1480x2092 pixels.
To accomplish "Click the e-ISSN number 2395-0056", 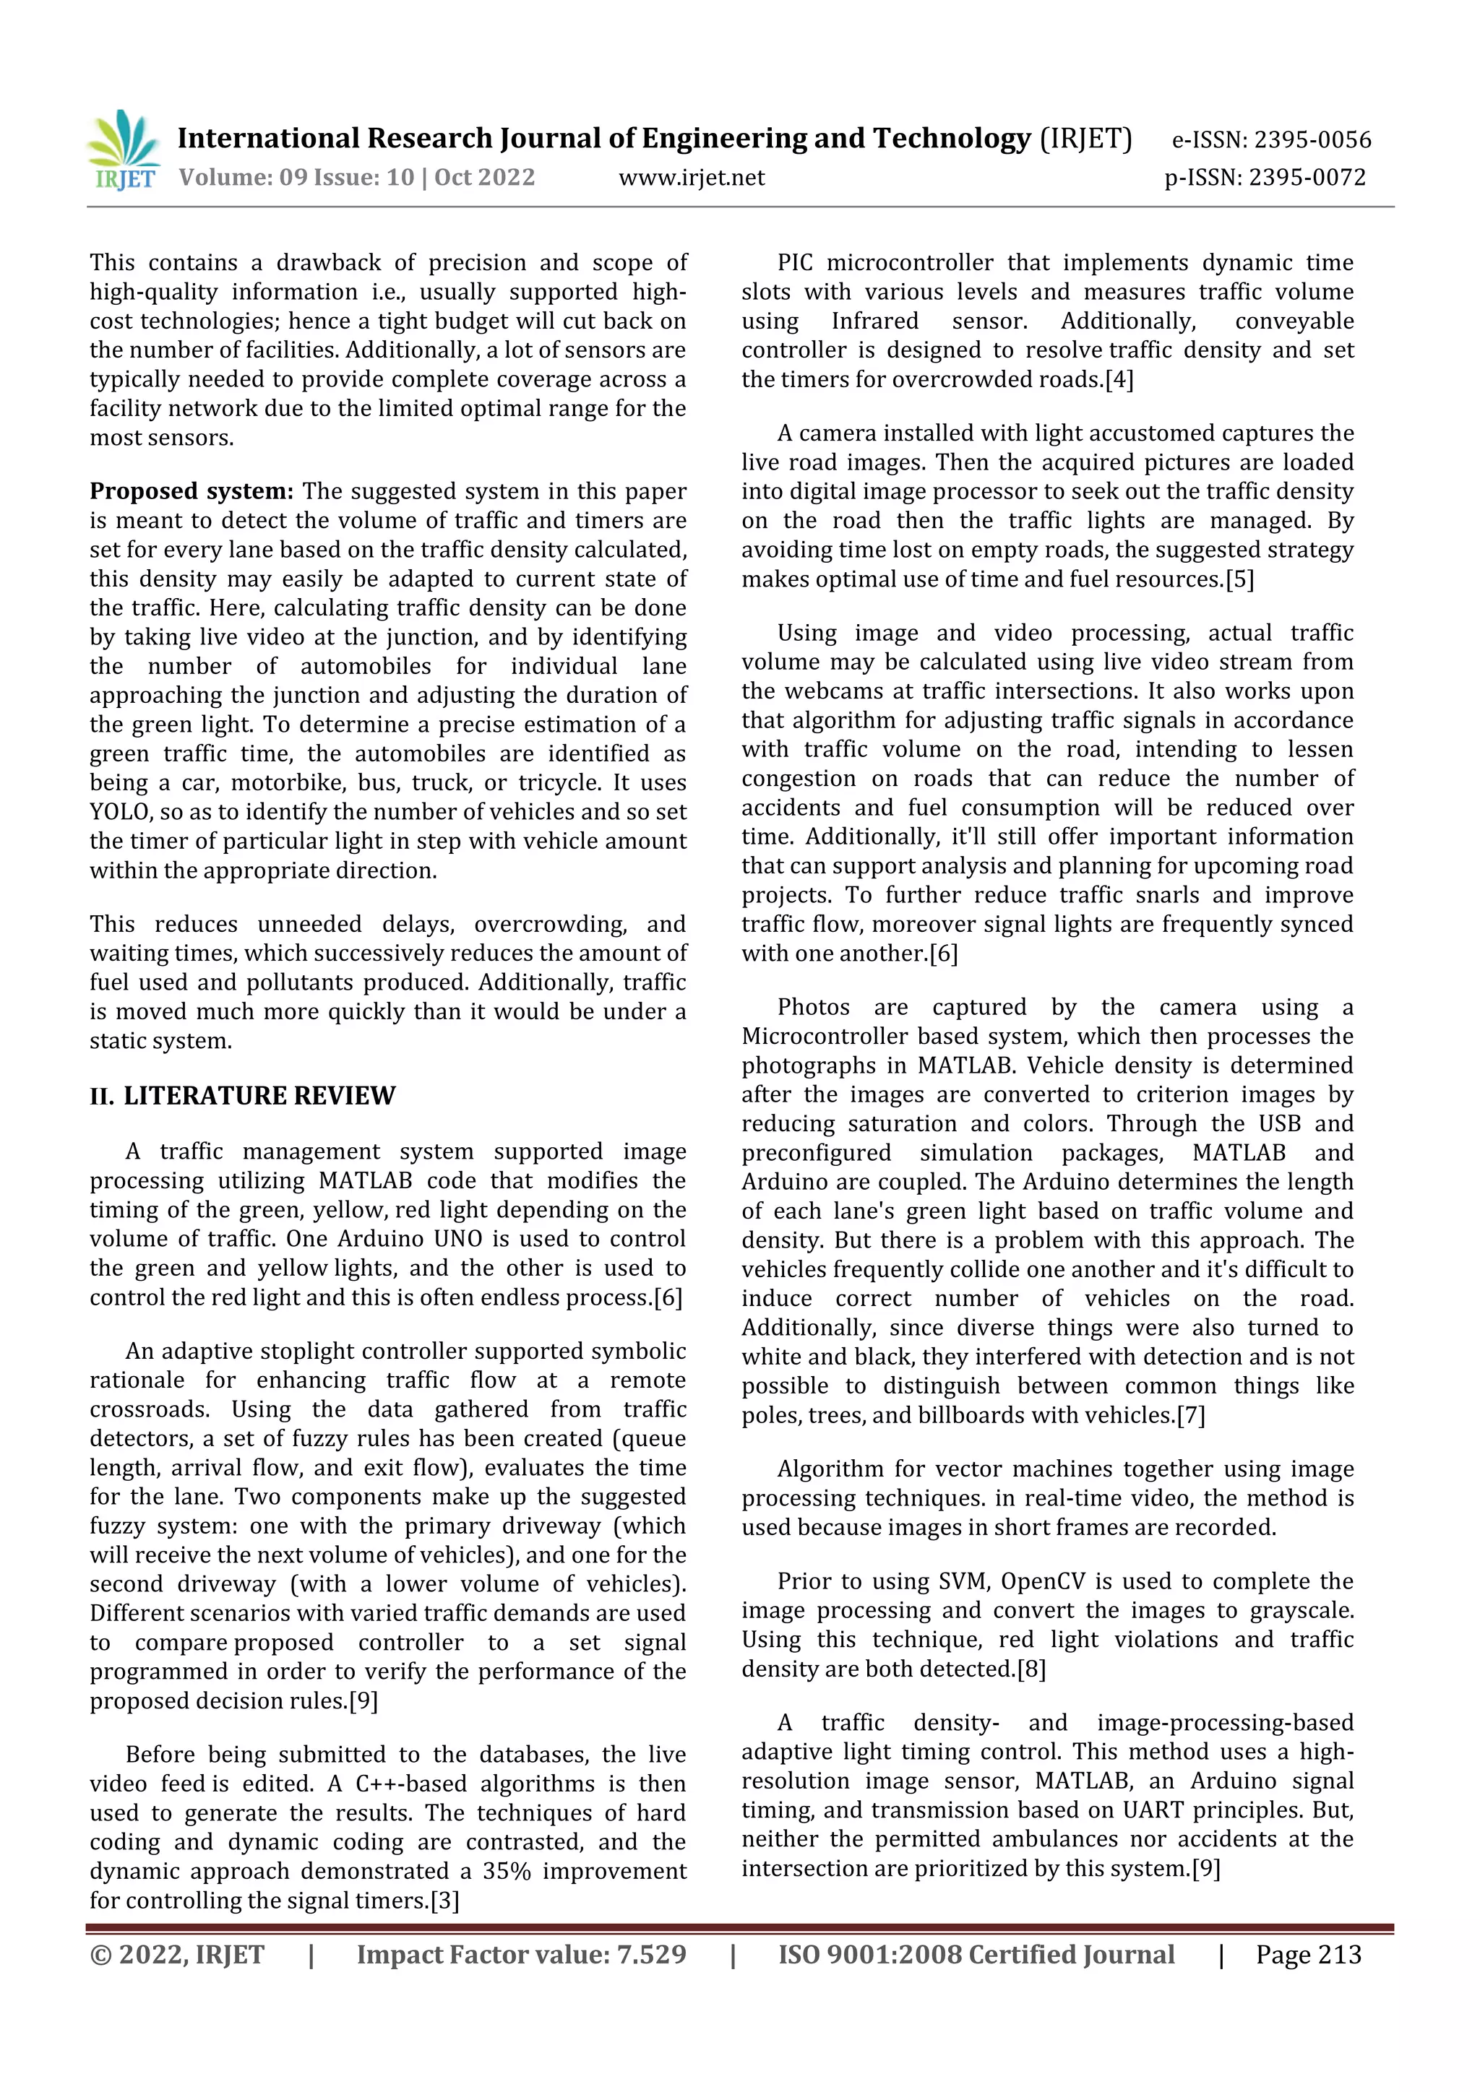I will (x=1312, y=140).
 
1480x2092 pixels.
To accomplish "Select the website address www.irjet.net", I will (x=692, y=178).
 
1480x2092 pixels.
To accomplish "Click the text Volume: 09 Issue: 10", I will (x=296, y=178).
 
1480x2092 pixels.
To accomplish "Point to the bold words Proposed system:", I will (x=192, y=492).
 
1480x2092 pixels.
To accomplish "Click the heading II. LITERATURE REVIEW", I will (x=242, y=1095).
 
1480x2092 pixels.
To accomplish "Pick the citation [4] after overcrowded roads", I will (x=1119, y=380).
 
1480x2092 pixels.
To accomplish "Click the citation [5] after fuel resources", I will (x=1239, y=579).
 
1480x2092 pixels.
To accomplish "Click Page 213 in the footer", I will (x=1308, y=1955).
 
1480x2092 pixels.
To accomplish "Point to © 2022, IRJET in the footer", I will (x=177, y=1955).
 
